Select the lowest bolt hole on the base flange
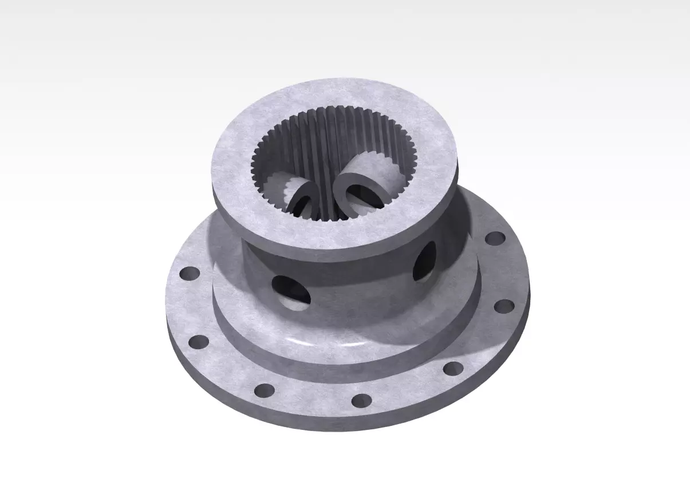pos(361,400)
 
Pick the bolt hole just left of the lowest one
pos(264,390)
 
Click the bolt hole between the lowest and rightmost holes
pos(453,367)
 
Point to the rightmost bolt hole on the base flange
pos(504,306)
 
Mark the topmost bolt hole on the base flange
pos(495,238)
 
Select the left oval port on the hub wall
pos(291,292)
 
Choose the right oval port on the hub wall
pos(424,262)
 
